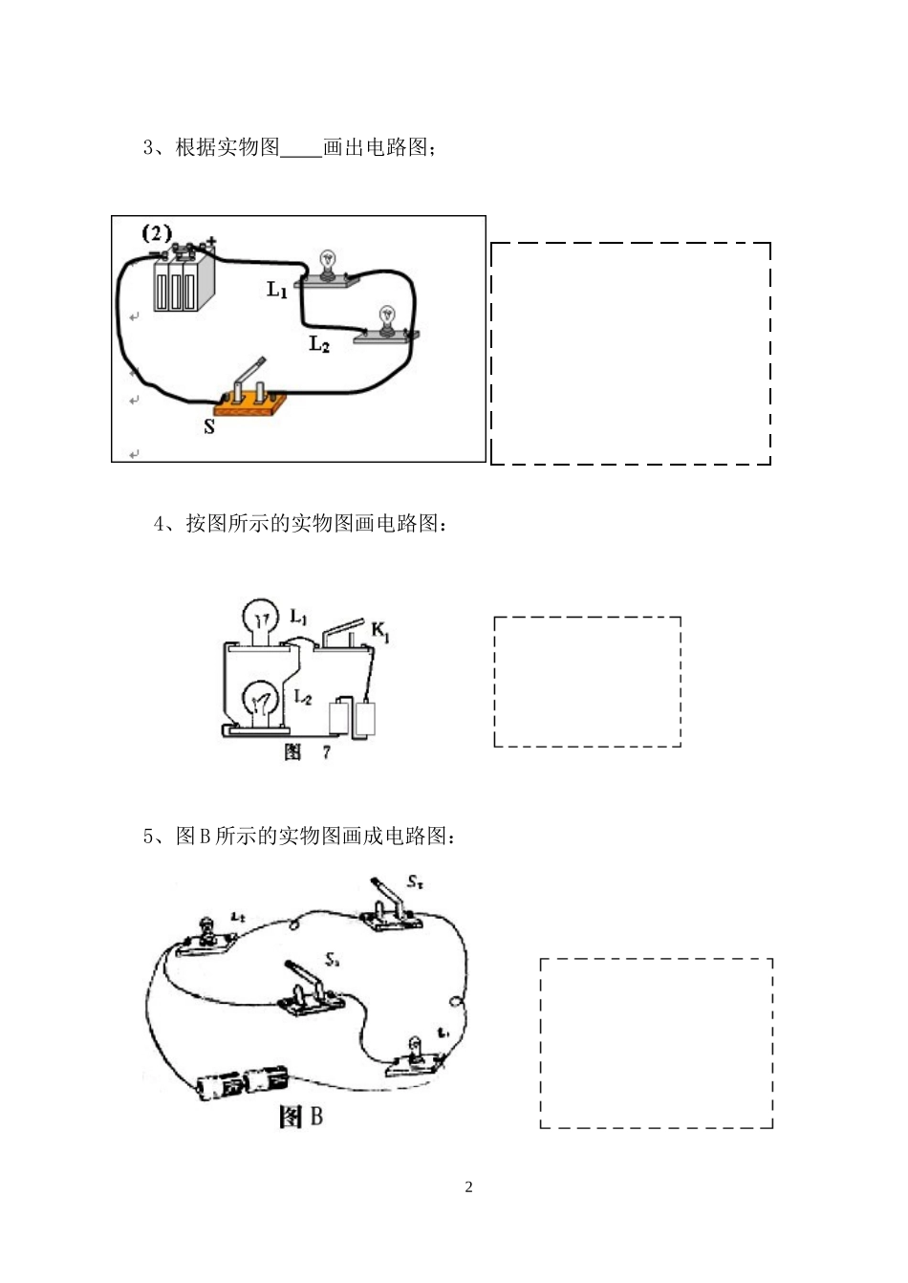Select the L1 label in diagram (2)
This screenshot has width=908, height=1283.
(277, 289)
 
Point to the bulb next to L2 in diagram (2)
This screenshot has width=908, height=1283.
(387, 319)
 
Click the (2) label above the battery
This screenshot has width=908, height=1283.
(156, 232)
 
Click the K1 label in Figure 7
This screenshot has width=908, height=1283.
(379, 631)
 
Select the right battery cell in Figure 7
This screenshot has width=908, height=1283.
(367, 720)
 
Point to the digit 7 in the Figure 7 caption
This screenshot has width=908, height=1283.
(327, 752)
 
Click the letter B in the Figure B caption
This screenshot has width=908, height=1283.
(315, 1116)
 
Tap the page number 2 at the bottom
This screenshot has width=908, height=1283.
(468, 1187)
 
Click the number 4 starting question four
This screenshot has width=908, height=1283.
(160, 524)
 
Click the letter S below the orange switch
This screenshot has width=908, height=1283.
(208, 426)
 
